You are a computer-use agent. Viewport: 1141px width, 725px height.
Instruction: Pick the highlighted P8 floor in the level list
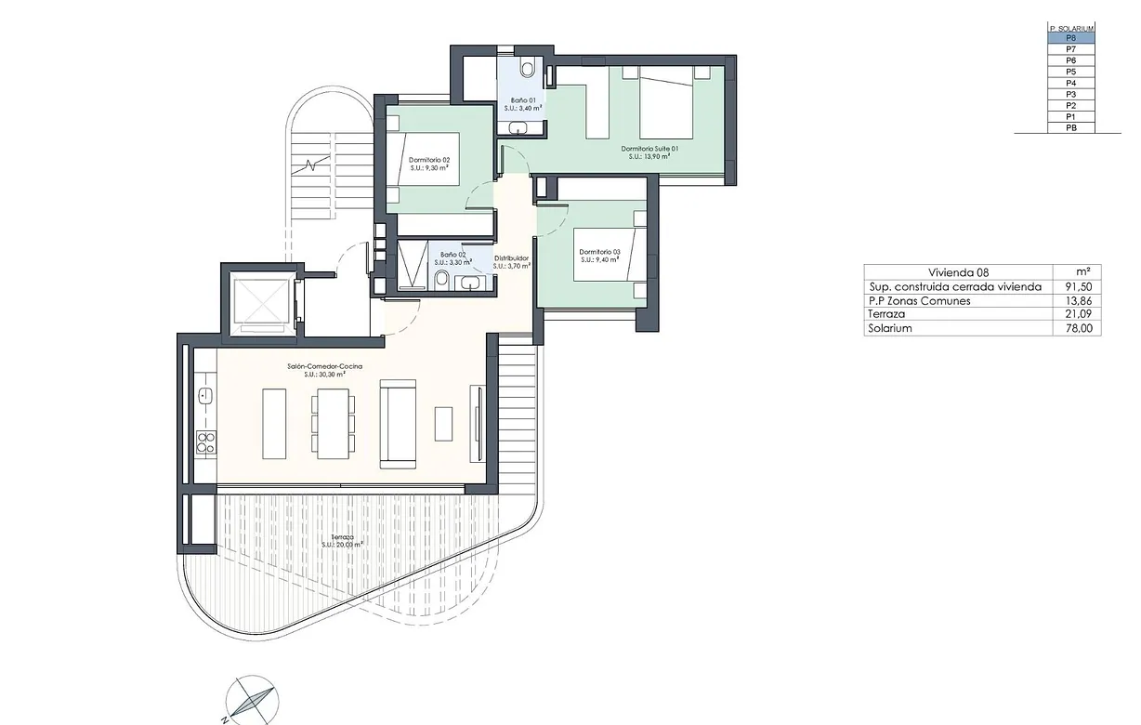click(x=1070, y=38)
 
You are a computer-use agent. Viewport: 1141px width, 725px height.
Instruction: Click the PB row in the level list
click(x=1070, y=127)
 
